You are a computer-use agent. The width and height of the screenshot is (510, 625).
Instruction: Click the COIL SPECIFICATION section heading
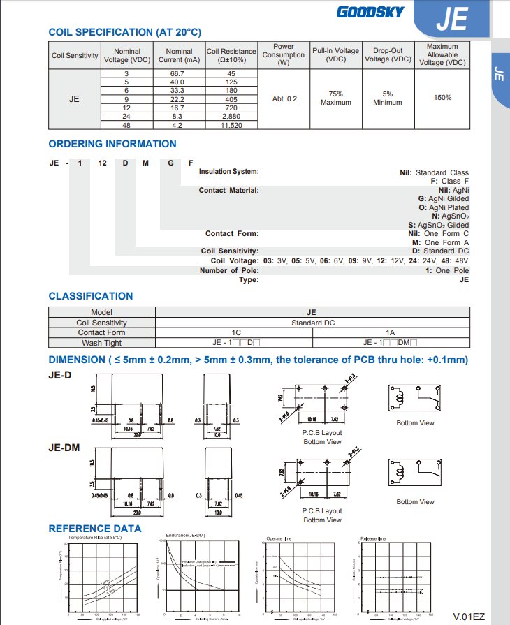click(x=124, y=32)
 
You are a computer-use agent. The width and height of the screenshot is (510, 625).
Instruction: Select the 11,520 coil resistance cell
click(x=231, y=125)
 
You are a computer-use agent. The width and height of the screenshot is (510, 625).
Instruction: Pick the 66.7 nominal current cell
click(x=179, y=73)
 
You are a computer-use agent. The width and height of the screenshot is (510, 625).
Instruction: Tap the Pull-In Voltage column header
click(x=335, y=55)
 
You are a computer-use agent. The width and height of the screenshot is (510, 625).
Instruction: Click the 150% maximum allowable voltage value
click(x=442, y=98)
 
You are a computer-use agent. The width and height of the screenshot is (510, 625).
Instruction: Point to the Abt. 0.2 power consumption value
click(x=284, y=99)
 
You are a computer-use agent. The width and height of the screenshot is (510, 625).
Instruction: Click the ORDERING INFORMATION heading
click(x=112, y=144)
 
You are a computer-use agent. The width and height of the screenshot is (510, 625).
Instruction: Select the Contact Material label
click(x=228, y=190)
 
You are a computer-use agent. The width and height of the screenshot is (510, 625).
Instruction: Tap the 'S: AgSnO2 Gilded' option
click(x=438, y=225)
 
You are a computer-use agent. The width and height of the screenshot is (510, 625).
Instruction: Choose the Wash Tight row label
click(x=101, y=343)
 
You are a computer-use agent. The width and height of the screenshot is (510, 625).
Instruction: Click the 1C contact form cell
click(x=236, y=333)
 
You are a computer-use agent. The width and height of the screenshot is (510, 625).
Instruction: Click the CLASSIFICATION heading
click(x=91, y=296)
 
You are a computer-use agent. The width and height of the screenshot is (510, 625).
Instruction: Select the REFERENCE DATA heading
click(x=95, y=529)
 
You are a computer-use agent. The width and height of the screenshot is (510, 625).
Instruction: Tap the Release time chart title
click(x=372, y=538)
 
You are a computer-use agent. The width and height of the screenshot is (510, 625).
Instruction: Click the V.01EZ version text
click(x=468, y=616)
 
